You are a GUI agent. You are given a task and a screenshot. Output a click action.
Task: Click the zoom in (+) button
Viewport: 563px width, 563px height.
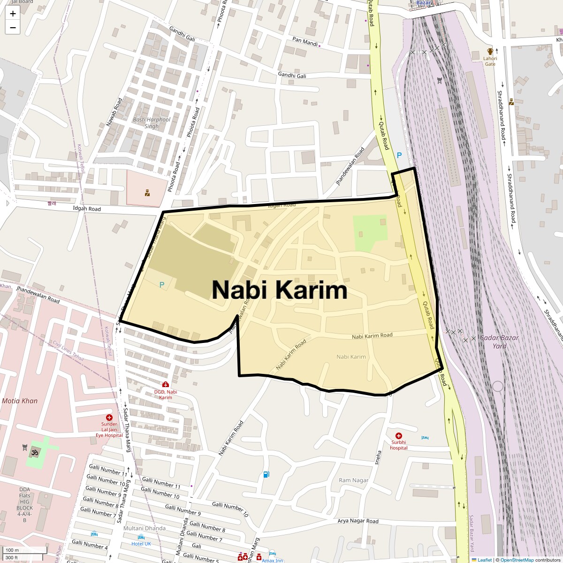click(x=13, y=14)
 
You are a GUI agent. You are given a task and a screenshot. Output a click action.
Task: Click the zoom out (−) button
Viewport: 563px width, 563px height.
click(x=13, y=28)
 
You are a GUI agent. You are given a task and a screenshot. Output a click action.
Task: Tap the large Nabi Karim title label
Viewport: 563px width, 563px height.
click(x=279, y=290)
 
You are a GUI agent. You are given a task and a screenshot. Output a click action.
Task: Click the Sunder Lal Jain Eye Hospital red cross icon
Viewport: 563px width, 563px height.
click(x=109, y=418)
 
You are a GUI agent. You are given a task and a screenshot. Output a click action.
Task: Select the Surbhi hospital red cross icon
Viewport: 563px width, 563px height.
click(x=399, y=436)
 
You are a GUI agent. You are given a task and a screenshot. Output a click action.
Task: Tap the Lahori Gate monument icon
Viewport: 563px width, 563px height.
click(x=490, y=52)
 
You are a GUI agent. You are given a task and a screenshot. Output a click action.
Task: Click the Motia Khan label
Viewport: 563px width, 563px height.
click(x=20, y=401)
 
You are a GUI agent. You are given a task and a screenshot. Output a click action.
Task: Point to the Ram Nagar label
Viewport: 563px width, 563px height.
click(x=354, y=480)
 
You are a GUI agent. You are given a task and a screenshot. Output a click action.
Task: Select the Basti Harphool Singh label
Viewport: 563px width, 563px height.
click(x=151, y=123)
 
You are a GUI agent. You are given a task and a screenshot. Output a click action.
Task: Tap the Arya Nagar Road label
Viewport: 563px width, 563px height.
click(x=358, y=521)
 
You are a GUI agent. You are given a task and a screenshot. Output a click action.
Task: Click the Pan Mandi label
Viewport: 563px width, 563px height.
click(x=305, y=41)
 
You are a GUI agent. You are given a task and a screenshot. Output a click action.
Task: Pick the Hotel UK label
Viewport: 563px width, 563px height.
click(x=141, y=544)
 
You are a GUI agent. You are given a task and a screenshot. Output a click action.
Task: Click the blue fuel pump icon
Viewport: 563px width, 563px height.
click(x=266, y=474)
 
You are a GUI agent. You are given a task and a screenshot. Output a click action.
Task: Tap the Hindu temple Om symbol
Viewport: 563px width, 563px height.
click(x=34, y=452)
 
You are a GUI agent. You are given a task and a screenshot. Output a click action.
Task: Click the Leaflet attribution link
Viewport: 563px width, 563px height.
click(x=485, y=560)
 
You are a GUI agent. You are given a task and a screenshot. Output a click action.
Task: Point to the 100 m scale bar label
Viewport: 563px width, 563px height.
click(x=13, y=550)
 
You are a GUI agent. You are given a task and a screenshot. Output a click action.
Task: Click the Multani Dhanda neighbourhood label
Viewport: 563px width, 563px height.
click(x=144, y=528)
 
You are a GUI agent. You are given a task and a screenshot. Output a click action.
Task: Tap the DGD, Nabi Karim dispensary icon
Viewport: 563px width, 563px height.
click(x=166, y=385)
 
